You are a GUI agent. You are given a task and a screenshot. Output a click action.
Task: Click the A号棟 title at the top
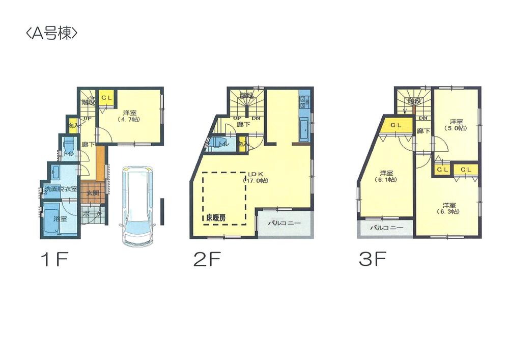[51, 34]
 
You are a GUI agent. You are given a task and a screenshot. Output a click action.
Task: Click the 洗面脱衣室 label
[60, 189]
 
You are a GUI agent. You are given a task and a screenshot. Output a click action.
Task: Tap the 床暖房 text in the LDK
[216, 217]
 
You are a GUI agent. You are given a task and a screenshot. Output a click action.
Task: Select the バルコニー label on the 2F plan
[285, 223]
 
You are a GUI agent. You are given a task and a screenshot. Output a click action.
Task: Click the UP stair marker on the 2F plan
[237, 119]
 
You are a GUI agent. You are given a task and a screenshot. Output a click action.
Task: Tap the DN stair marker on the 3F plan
[422, 119]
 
